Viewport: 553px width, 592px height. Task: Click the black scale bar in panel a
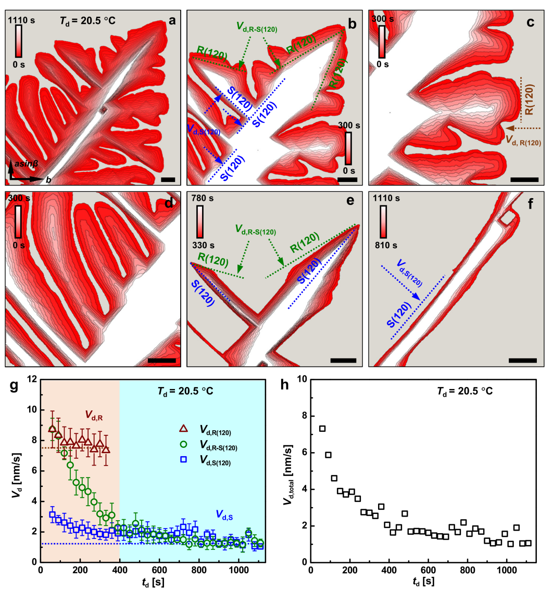167,179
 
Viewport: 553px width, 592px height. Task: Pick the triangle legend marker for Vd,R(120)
183,428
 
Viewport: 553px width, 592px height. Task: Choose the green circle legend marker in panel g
183,445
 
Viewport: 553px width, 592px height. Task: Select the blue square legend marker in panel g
183,461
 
